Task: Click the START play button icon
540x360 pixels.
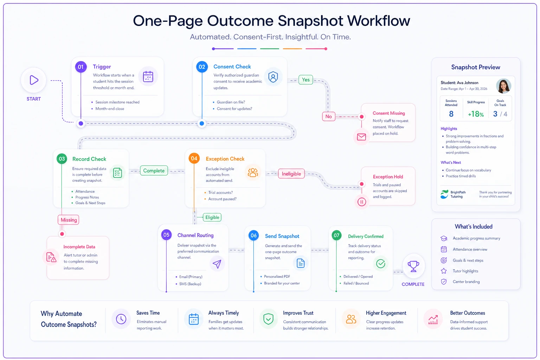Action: click(33, 80)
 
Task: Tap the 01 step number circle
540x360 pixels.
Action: click(81, 67)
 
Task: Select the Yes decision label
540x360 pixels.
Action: click(306, 79)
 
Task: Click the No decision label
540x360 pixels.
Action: click(329, 116)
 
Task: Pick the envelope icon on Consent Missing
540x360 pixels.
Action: click(361, 137)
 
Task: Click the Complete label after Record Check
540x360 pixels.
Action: click(154, 171)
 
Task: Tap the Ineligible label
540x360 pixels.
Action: click(291, 174)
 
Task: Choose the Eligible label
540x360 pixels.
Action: click(212, 217)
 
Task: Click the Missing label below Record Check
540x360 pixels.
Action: click(69, 220)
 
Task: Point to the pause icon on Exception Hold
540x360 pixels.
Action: click(362, 202)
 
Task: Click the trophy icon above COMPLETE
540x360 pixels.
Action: click(413, 266)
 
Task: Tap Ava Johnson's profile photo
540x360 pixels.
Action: click(503, 86)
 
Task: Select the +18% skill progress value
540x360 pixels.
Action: click(476, 114)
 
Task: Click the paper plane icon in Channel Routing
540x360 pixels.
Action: click(217, 264)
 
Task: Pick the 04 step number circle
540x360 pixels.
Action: click(194, 159)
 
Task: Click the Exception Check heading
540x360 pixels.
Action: click(225, 159)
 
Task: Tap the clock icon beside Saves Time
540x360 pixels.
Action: click(121, 319)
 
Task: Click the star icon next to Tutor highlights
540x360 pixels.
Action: click(444, 271)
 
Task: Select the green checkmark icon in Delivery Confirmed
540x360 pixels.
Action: click(381, 264)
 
